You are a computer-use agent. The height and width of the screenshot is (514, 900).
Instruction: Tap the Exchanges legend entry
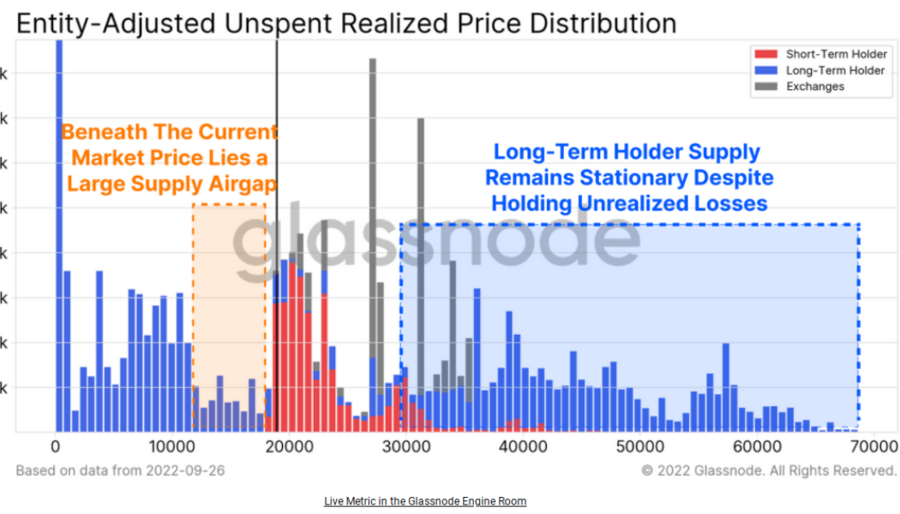pyautogui.click(x=814, y=87)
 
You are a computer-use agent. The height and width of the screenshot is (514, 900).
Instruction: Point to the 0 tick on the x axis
pyautogui.click(x=56, y=446)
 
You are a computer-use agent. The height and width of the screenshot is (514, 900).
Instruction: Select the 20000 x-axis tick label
pyautogui.click(x=290, y=446)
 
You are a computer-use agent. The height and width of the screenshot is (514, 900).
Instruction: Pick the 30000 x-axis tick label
pyautogui.click(x=407, y=446)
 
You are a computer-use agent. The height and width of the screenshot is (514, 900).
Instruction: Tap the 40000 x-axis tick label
pyautogui.click(x=524, y=446)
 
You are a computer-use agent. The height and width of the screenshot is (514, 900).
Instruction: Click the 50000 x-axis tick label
pyautogui.click(x=641, y=446)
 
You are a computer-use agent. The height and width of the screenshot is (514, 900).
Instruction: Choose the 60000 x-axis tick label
pyautogui.click(x=758, y=446)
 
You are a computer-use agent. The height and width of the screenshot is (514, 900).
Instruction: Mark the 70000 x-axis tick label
pyautogui.click(x=874, y=446)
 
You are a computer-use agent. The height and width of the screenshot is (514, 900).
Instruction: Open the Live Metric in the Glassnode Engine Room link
pyautogui.click(x=425, y=501)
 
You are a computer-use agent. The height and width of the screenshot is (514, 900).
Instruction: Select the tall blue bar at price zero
pyautogui.click(x=59, y=214)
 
